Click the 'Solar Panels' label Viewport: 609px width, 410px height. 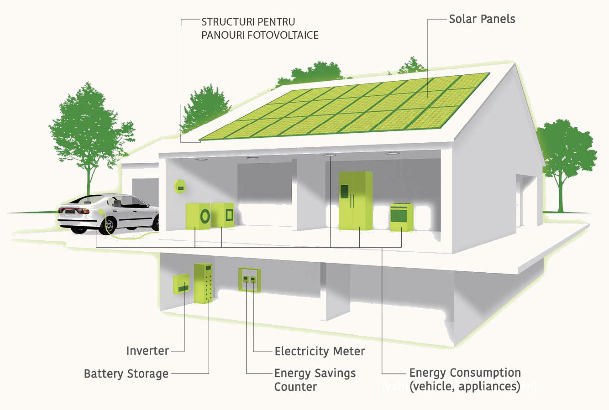point(482,19)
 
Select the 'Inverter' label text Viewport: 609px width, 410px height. point(147,351)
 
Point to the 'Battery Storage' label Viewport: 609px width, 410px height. point(126,374)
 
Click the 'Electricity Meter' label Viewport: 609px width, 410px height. point(320,351)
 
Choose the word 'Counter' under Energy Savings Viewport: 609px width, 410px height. point(295,387)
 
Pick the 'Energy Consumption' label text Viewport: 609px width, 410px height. point(465,373)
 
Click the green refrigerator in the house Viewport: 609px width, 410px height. point(356,200)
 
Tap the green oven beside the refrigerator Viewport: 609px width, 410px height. point(402,217)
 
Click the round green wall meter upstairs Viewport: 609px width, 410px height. point(180,187)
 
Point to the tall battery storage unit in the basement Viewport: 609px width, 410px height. point(203,283)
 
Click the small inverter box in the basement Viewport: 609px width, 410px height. point(181,284)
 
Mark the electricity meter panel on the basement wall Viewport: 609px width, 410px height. point(250,280)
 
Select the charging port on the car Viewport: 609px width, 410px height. point(101,211)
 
